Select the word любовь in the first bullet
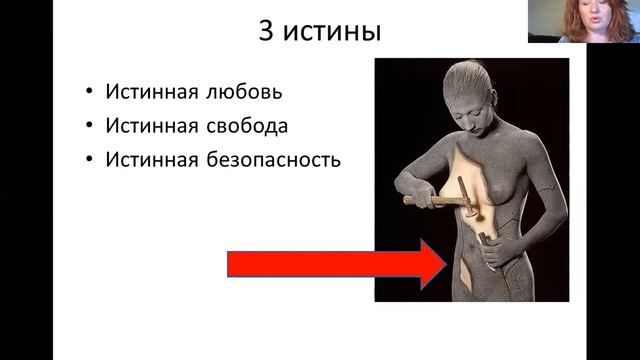246,93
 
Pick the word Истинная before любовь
150,93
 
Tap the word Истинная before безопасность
150,159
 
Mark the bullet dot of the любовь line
88,93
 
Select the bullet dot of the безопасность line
88,159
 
